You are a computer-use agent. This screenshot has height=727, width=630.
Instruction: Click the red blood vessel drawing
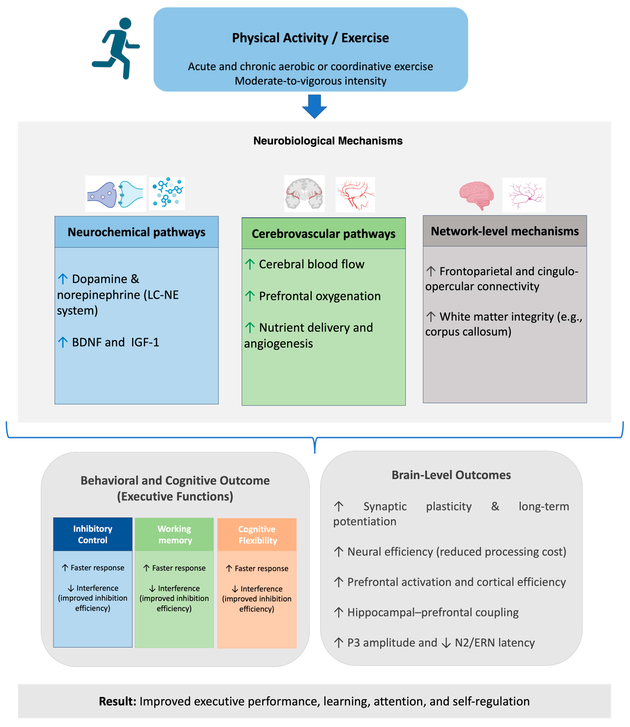click(x=355, y=194)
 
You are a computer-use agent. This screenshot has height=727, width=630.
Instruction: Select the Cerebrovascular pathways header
click(x=323, y=234)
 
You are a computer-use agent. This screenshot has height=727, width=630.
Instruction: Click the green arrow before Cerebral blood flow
click(x=250, y=264)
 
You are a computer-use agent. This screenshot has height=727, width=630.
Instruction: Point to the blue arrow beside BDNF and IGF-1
click(x=63, y=342)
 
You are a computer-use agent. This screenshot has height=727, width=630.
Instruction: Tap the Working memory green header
click(x=174, y=534)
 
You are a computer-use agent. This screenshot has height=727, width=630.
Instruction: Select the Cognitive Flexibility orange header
click(x=257, y=535)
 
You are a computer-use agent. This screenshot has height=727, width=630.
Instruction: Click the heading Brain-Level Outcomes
click(x=451, y=475)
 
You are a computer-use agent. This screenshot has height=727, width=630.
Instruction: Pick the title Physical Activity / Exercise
click(x=310, y=38)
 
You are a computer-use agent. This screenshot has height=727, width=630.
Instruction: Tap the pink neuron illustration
click(x=524, y=195)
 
